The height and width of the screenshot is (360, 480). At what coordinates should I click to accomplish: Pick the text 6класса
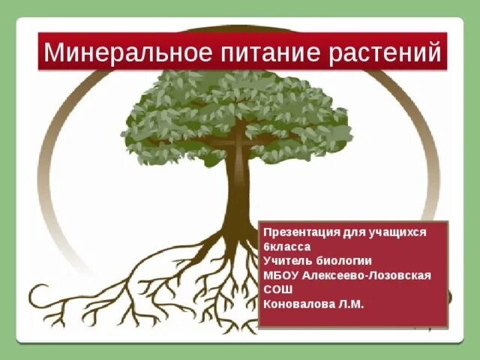[286, 247]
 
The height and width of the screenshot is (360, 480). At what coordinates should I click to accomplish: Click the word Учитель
[289, 261]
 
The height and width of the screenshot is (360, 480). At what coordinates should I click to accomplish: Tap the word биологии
[345, 261]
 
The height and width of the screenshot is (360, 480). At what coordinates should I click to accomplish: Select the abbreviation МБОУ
[280, 275]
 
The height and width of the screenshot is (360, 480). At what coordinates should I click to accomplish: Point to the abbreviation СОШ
[277, 289]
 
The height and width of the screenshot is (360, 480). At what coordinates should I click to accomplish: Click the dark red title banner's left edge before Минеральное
[41, 52]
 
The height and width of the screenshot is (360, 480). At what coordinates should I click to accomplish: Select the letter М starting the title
[52, 52]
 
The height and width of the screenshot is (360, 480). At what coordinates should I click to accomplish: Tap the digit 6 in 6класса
[267, 247]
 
